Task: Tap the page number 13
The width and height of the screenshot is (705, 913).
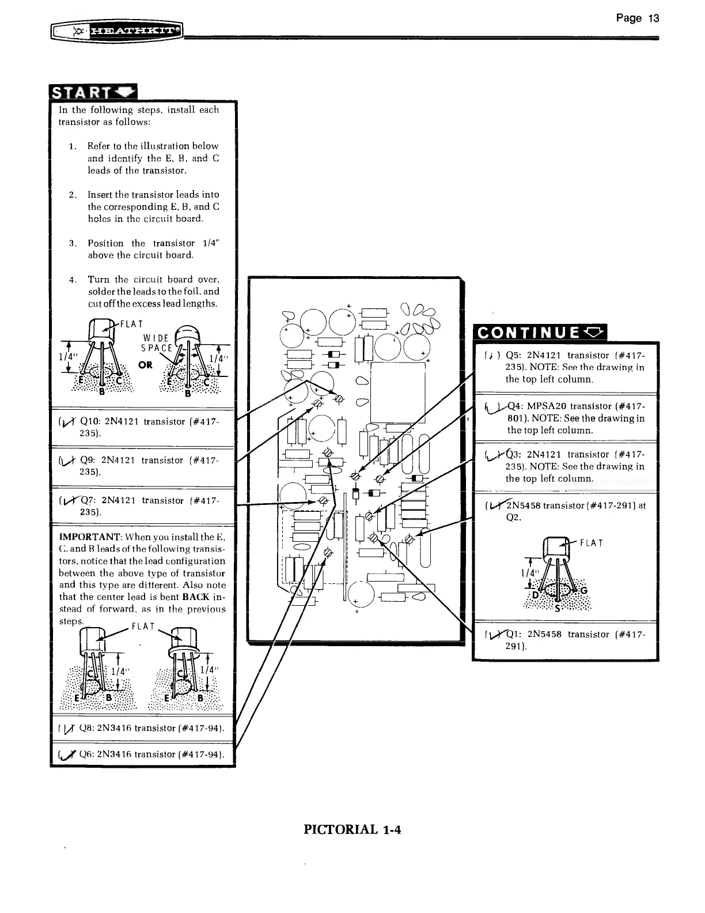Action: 638,18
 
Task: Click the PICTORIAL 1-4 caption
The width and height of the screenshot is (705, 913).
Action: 352,830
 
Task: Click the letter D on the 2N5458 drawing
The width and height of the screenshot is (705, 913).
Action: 535,594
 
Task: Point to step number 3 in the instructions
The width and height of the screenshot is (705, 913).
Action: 72,243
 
